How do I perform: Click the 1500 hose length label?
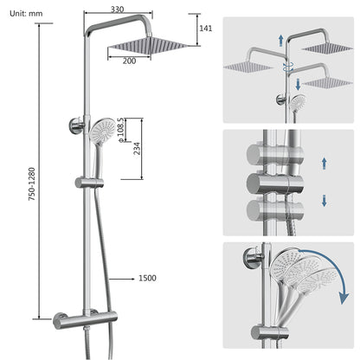point(147,278)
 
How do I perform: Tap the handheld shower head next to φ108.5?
point(103,133)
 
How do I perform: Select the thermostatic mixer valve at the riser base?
point(87,318)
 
